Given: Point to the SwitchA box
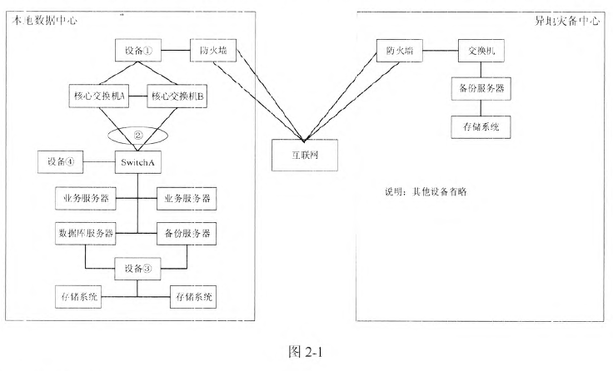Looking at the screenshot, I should (137, 161).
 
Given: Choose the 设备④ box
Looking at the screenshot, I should (61, 161).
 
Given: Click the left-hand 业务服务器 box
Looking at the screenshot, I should (85, 199).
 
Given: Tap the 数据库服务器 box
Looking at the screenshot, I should (85, 231).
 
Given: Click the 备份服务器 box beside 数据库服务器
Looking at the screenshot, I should (187, 231).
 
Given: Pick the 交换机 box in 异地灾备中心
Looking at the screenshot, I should (481, 52).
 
